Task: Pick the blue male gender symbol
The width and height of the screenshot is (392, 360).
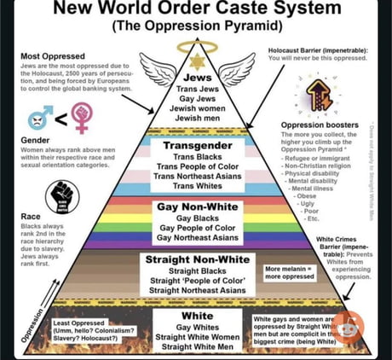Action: pos(39,118)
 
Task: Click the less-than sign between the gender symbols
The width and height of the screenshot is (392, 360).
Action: pos(61,118)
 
